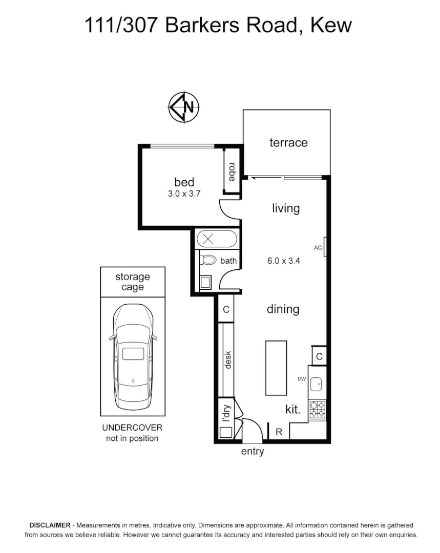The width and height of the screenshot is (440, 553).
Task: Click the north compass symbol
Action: (x=184, y=108)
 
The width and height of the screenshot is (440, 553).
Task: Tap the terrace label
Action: (x=288, y=143)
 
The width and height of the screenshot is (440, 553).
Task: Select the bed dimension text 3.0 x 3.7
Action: (x=184, y=194)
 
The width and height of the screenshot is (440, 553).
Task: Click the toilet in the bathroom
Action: (x=208, y=260)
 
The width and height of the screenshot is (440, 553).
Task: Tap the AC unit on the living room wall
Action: (x=325, y=248)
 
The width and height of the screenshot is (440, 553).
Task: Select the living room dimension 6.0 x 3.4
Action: (x=283, y=260)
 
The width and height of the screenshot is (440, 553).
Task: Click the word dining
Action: (x=283, y=309)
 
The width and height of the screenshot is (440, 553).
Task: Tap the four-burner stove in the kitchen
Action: (x=318, y=410)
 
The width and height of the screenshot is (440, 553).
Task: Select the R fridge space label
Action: (x=279, y=432)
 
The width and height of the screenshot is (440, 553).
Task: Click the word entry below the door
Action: (x=253, y=451)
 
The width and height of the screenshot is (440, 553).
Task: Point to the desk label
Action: (x=228, y=359)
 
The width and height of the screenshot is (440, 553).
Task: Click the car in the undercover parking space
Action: (x=133, y=357)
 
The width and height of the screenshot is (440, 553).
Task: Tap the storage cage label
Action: (x=133, y=282)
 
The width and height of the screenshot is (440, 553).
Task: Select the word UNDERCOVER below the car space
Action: (x=132, y=428)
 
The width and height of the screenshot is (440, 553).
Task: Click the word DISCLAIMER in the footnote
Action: (x=50, y=525)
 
